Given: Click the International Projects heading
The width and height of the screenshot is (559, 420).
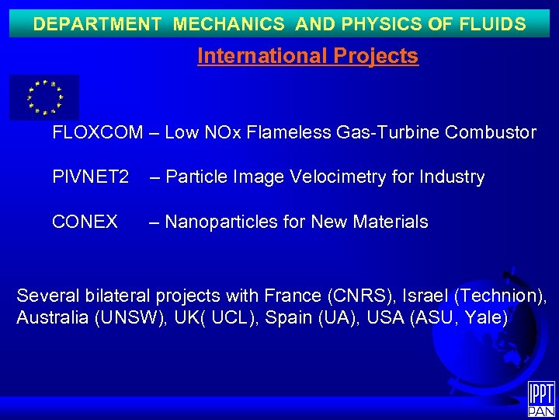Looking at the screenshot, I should click(x=307, y=57).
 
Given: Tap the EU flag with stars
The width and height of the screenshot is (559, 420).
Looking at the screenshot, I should click(x=44, y=97).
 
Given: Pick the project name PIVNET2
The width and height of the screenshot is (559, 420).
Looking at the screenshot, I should click(x=90, y=177).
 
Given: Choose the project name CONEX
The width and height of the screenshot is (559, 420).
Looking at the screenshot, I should click(x=85, y=222).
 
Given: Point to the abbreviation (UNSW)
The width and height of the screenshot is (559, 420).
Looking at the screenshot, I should click(x=127, y=318).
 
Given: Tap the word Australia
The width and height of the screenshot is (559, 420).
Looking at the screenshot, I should click(x=49, y=318).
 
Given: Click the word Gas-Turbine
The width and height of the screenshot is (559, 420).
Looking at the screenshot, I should click(x=384, y=133).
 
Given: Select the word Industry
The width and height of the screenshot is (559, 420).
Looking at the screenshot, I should click(x=453, y=177).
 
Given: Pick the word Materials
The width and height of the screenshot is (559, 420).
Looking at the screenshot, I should click(x=390, y=222).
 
